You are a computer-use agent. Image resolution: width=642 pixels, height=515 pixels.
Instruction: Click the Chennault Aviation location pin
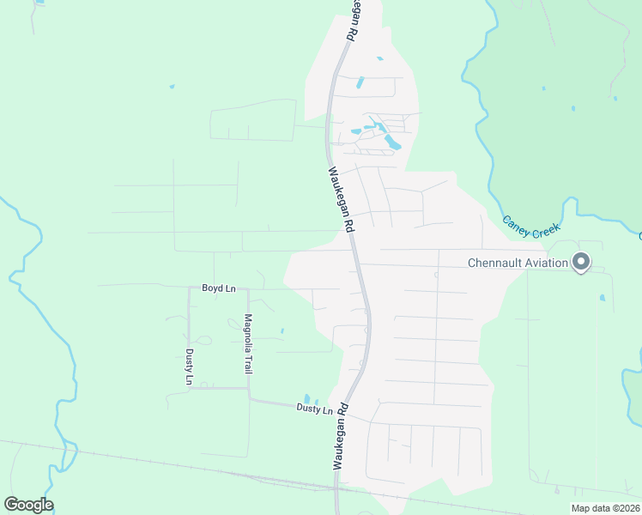tap(581, 262)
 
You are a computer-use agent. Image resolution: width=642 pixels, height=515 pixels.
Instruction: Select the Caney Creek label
tap(530, 227)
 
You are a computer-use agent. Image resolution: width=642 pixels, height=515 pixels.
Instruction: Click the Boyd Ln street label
tap(219, 288)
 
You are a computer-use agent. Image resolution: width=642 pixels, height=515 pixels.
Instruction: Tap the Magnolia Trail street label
tap(248, 344)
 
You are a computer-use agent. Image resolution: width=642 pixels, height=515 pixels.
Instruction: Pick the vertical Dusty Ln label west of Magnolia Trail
tap(189, 366)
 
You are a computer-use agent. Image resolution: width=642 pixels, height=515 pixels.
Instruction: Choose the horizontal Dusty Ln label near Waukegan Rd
tap(314, 409)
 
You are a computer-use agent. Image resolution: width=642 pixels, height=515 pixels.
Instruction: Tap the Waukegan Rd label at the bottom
tap(341, 436)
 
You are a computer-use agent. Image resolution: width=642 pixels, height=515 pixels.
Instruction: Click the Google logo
tap(28, 505)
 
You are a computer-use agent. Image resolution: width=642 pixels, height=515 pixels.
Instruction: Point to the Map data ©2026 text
tap(604, 508)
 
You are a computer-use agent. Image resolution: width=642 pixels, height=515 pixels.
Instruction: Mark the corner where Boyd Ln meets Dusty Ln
tap(189, 289)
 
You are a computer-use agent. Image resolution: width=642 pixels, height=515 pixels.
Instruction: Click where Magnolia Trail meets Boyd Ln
tap(248, 289)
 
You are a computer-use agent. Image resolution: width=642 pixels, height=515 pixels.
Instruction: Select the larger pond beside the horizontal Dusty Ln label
tap(306, 398)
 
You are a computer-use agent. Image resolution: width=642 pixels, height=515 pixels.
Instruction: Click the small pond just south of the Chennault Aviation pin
tap(602, 298)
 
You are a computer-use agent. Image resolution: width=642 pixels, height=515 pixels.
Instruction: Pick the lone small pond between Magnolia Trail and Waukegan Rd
tap(282, 330)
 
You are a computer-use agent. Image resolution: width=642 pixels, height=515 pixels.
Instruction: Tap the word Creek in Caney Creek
tap(544, 231)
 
